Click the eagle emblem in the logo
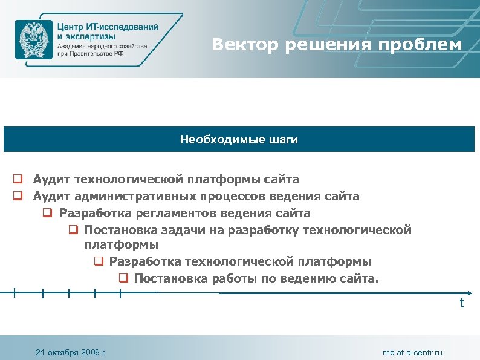pos(34,40)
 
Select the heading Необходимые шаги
pos(239,140)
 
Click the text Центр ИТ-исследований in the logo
pos(108,27)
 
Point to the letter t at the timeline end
pos(462,303)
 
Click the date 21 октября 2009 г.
pos(71,352)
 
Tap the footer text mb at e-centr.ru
pos(412,352)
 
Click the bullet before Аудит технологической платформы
pos(19,180)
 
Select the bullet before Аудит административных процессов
pos(19,197)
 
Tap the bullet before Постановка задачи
pos(71,230)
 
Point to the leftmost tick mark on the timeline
pos(15,293)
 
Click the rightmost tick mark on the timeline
pos(121,293)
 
